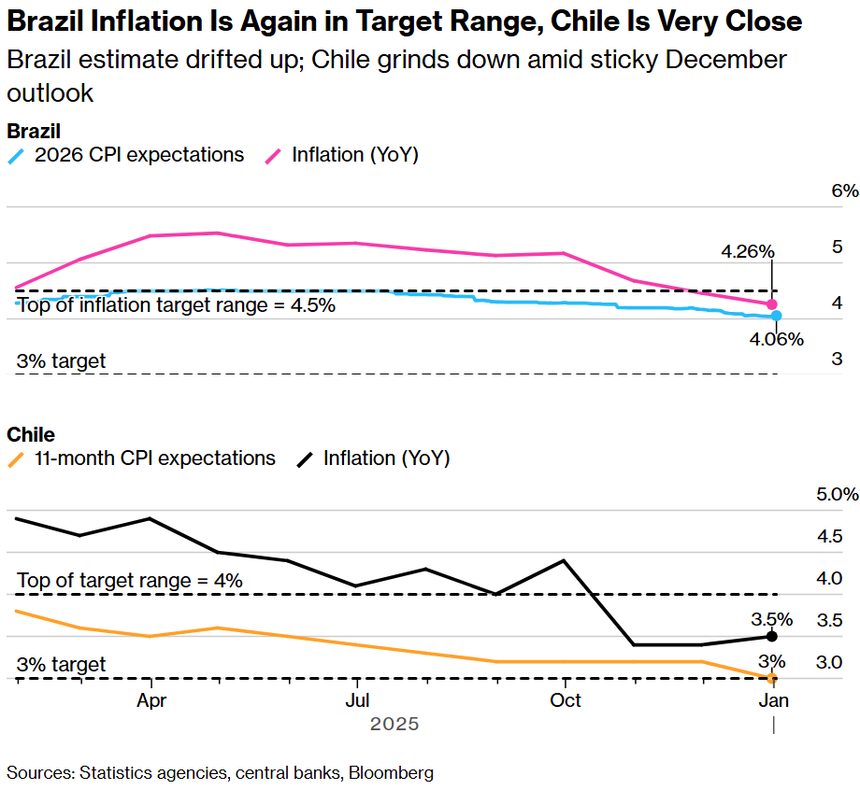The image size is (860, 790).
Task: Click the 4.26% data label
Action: tap(747, 251)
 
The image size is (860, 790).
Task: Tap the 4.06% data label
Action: tap(776, 339)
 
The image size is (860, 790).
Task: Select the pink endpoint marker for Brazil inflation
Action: tap(772, 304)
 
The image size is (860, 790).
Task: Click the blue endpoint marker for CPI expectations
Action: tap(777, 317)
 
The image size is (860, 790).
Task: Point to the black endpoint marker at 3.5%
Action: tap(772, 636)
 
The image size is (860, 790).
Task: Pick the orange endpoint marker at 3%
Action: tap(772, 678)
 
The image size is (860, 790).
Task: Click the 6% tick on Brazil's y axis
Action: tap(843, 190)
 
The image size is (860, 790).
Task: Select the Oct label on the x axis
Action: tap(564, 700)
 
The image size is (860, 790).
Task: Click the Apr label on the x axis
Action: tap(150, 700)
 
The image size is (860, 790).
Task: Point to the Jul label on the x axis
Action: tap(356, 700)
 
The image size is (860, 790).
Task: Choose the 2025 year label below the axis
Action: tap(394, 724)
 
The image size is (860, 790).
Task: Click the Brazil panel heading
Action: tap(34, 131)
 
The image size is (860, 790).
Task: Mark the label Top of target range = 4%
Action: tap(130, 581)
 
